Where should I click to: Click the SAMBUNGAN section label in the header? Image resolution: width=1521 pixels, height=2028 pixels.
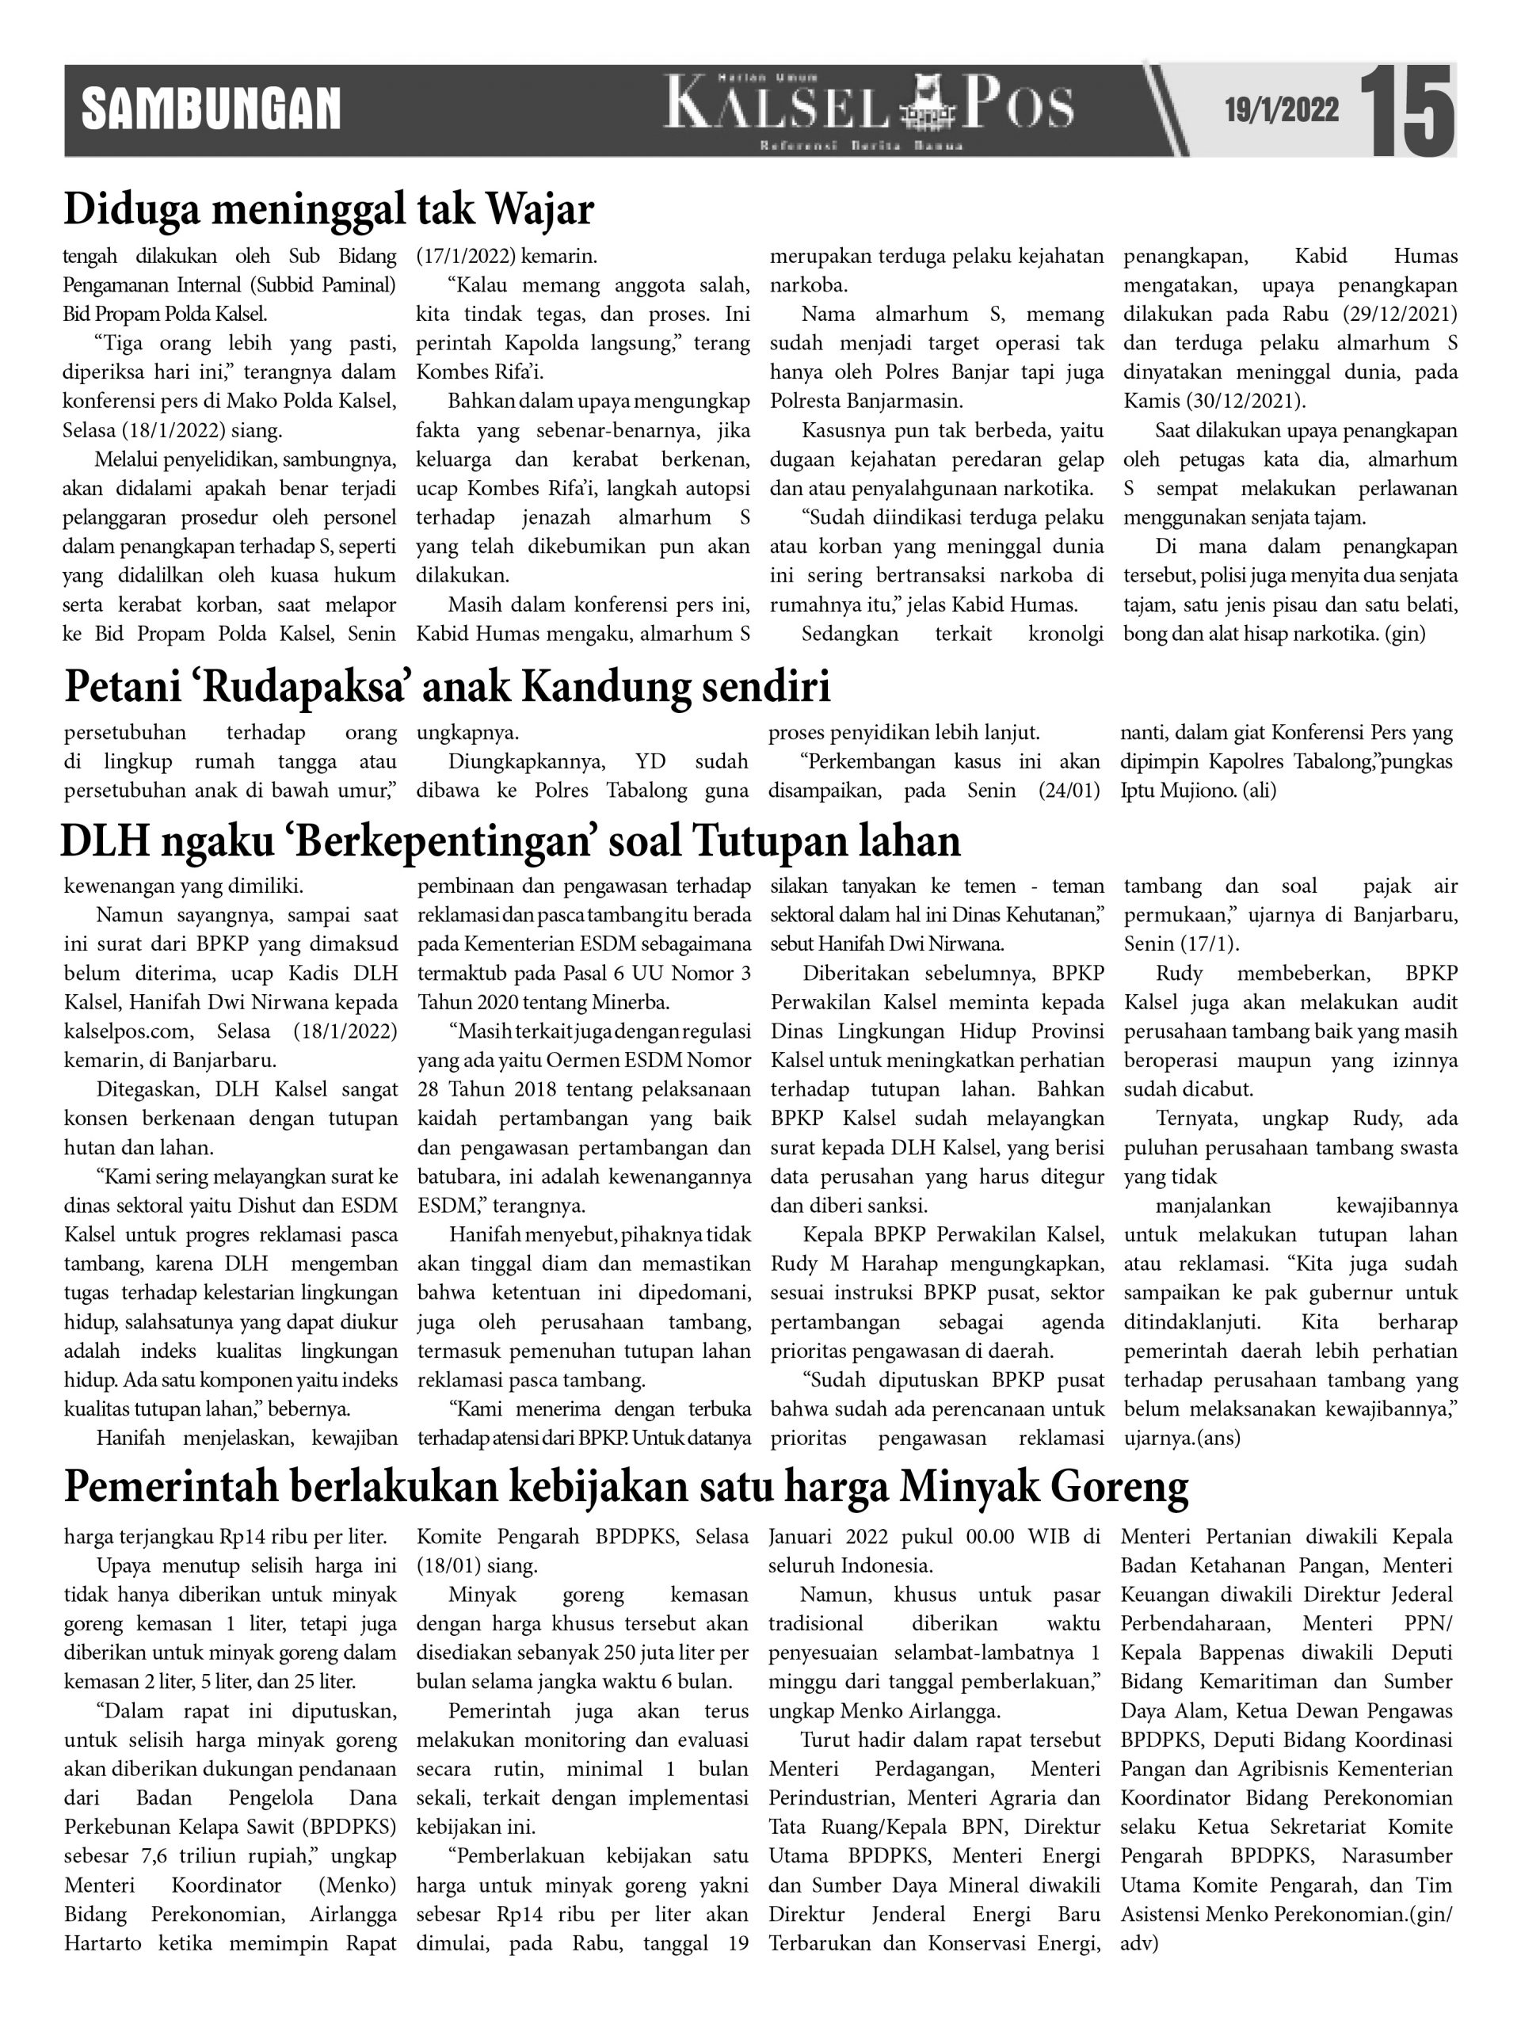click(x=211, y=110)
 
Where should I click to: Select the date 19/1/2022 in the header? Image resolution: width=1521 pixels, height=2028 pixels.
click(x=1282, y=111)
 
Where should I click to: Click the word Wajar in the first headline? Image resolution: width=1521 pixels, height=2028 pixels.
click(x=540, y=209)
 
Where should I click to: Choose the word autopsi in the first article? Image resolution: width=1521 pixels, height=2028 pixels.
click(x=715, y=489)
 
